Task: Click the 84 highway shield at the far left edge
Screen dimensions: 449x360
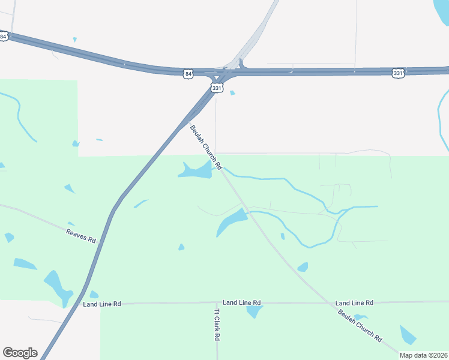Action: click(x=3, y=36)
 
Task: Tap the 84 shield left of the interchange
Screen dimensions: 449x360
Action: click(x=188, y=74)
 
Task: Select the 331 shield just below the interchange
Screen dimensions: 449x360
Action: click(x=217, y=88)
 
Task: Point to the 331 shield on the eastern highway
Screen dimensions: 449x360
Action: click(x=398, y=73)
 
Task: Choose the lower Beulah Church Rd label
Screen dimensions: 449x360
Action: click(x=360, y=325)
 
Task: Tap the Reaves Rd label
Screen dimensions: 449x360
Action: click(x=81, y=235)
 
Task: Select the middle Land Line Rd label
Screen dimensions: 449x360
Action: click(x=241, y=303)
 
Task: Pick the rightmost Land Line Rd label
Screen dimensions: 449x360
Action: click(x=354, y=303)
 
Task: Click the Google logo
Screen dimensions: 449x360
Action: click(x=20, y=352)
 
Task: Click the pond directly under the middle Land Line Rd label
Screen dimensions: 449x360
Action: click(x=255, y=311)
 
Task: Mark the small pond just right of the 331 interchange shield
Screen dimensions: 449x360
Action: click(x=232, y=92)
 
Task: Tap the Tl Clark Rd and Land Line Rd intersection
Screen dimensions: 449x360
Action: click(x=217, y=304)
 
